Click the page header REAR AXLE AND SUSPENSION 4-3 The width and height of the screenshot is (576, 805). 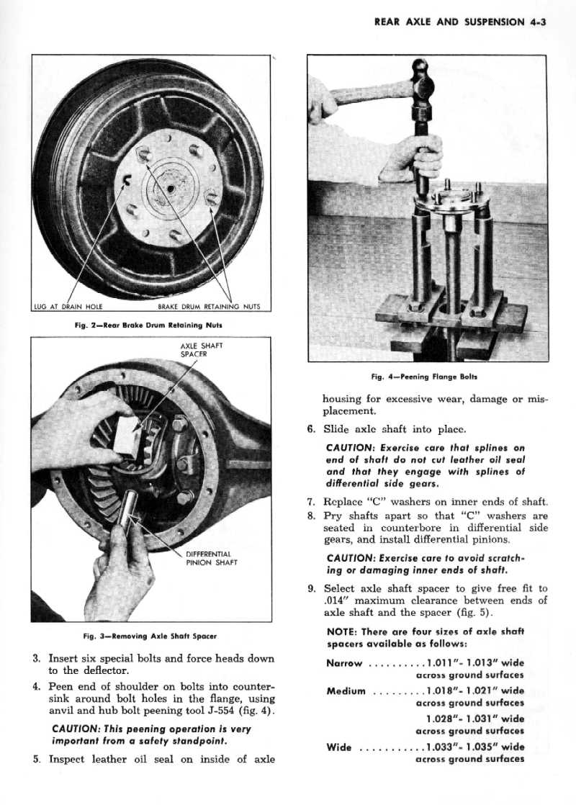point(461,22)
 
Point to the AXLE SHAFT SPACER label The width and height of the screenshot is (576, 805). point(202,349)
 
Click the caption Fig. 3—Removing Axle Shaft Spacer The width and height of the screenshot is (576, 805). point(150,636)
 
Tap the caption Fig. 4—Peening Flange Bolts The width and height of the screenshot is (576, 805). point(424,377)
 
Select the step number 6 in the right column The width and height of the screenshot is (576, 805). point(311,430)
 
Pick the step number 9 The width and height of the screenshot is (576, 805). point(311,588)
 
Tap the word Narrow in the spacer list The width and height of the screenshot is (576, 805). point(344,663)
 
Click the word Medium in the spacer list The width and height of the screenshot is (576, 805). point(347,691)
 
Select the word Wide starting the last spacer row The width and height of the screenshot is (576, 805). point(339,747)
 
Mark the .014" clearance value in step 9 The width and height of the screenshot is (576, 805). point(336,601)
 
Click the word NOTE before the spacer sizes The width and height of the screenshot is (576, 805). point(343,631)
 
